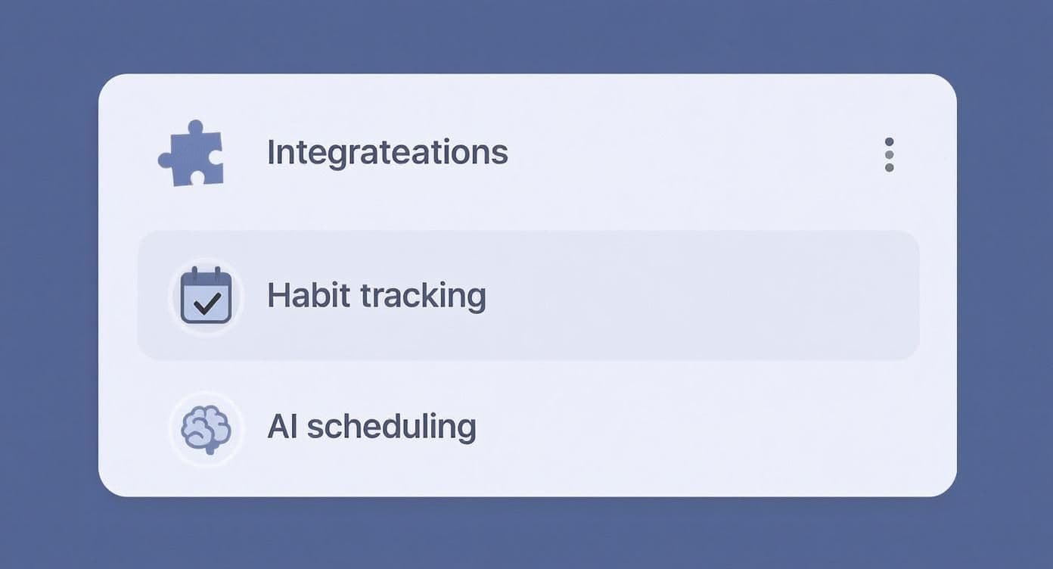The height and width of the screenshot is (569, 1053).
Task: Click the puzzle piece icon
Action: pos(192,154)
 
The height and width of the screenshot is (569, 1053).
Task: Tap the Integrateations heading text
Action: pos(387,153)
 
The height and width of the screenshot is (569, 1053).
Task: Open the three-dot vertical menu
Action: pos(889,154)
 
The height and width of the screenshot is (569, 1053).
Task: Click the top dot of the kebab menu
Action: pos(889,142)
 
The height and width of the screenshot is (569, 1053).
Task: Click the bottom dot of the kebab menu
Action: pos(889,168)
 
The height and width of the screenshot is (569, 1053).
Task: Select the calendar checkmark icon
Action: pos(207,295)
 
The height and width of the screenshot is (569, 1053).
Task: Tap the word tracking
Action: pos(423,297)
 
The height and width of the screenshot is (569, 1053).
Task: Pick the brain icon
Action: pos(206,429)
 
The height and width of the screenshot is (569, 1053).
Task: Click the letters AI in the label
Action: pos(282,427)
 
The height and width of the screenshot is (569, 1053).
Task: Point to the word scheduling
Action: pos(392,428)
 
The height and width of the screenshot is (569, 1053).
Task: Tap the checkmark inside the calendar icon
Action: pos(207,303)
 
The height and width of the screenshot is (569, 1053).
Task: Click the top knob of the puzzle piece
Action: pos(195,127)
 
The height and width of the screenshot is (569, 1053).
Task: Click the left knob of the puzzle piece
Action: pos(165,160)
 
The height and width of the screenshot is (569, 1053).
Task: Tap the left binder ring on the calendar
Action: pos(195,274)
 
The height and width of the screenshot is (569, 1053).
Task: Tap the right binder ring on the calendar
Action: pos(218,274)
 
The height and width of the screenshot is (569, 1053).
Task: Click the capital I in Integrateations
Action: pos(270,151)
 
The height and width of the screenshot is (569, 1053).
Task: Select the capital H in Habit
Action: pos(278,295)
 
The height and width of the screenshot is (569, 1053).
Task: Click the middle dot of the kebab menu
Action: pos(889,154)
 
